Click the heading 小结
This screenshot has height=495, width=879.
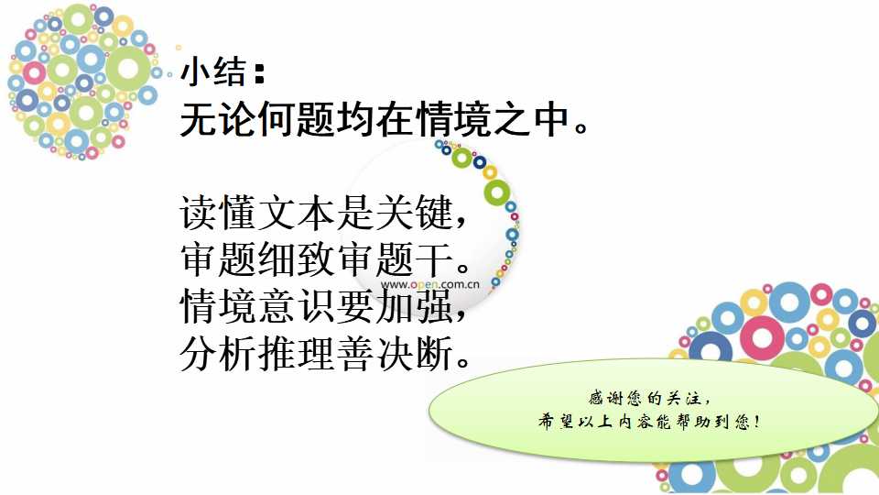click(213, 72)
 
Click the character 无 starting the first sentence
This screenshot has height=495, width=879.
click(199, 119)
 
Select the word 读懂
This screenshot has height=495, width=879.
click(219, 213)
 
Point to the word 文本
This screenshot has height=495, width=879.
click(297, 213)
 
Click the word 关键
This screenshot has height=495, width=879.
click(414, 213)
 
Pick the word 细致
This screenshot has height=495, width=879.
click(297, 259)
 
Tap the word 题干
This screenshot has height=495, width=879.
click(414, 259)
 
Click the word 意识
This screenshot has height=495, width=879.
click(297, 306)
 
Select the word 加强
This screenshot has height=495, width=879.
click(414, 306)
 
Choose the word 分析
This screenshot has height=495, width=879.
click(219, 354)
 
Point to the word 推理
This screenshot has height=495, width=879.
click(297, 354)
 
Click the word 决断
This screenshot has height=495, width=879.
click(414, 354)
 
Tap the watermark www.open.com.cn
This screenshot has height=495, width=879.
click(430, 284)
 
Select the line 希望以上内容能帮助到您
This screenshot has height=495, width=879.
click(644, 421)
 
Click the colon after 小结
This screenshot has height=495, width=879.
click(259, 73)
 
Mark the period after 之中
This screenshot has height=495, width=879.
click(581, 128)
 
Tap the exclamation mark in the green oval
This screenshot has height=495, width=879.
click(757, 421)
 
